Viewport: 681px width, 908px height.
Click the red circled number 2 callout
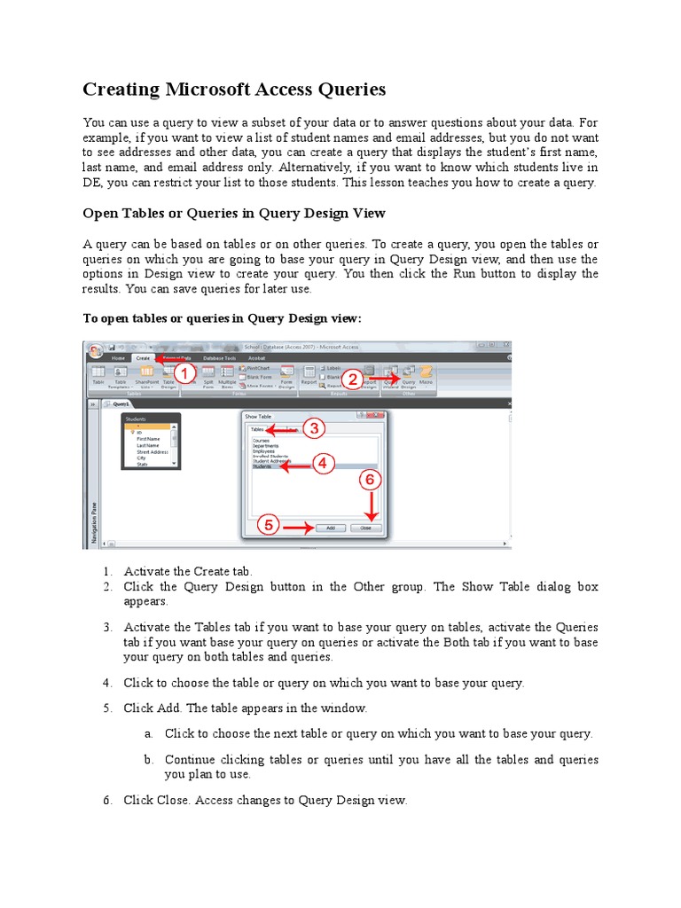click(x=352, y=379)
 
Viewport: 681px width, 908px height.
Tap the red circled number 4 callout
click(x=323, y=464)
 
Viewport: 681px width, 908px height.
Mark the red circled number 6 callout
click(x=372, y=480)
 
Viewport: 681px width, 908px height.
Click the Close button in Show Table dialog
click(x=366, y=528)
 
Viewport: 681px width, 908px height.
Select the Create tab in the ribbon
click(x=143, y=357)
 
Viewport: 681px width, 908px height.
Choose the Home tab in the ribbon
click(x=117, y=357)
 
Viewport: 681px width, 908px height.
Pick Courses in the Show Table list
click(x=261, y=440)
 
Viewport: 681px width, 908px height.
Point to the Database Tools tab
click(x=218, y=357)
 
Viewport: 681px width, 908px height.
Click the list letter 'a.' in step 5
click(x=148, y=734)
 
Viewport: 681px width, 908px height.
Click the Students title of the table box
click(x=136, y=419)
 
